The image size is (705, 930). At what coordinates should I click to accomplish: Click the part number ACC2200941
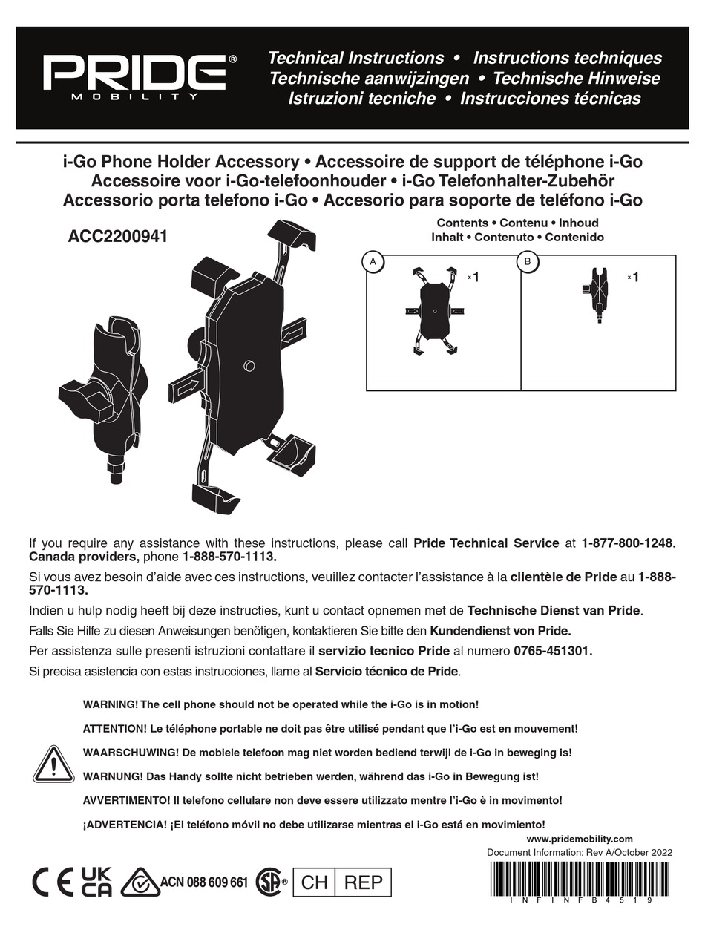pos(118,237)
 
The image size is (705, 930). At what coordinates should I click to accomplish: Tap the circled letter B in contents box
pos(527,261)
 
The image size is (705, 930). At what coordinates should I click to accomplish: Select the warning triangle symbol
pos(53,764)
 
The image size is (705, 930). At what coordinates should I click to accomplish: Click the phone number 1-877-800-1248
pos(629,543)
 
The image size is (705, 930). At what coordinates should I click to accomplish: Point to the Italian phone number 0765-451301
pos(552,652)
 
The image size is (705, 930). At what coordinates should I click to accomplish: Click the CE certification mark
pos(51,882)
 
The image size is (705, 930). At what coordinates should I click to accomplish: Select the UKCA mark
pos(96,882)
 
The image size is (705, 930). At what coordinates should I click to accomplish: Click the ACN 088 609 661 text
pos(204,882)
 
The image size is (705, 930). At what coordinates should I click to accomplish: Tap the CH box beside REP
pos(315,882)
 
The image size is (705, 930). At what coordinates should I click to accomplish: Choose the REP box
pos(364,882)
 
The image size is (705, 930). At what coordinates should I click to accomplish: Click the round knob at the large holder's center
pos(249,366)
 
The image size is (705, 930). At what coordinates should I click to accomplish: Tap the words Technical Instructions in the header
pos(355,58)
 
